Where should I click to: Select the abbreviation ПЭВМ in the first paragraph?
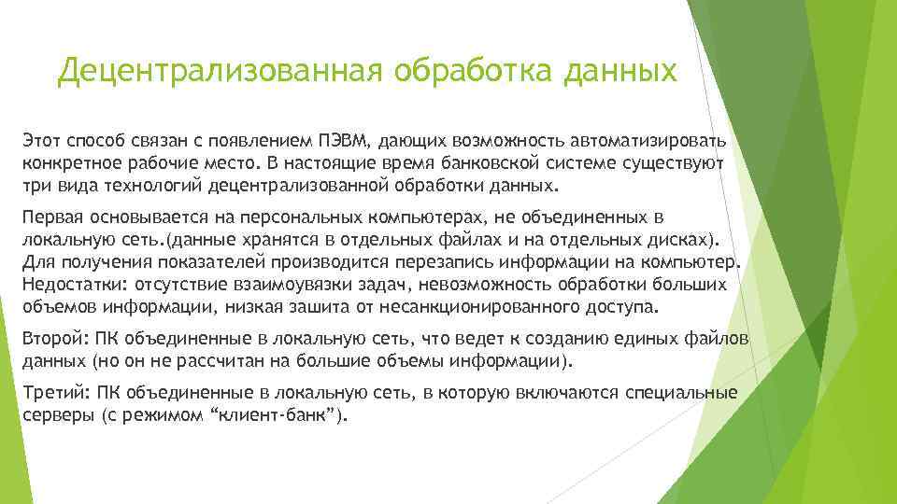pos(346,141)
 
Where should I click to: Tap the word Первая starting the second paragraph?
pos(51,217)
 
